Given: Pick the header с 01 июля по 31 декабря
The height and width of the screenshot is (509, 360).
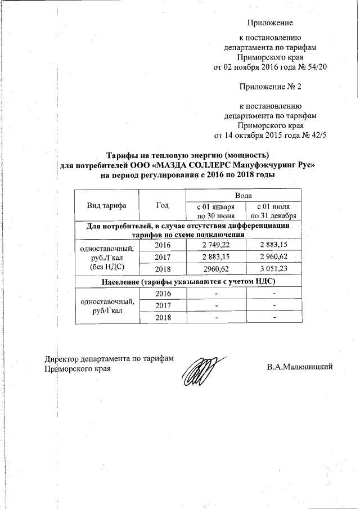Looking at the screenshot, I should (274, 211).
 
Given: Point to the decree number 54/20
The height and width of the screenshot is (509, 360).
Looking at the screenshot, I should (317, 67).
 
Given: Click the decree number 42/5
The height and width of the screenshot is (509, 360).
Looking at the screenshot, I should (318, 136).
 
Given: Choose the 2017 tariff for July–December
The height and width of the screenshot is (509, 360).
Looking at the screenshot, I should (274, 257).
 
